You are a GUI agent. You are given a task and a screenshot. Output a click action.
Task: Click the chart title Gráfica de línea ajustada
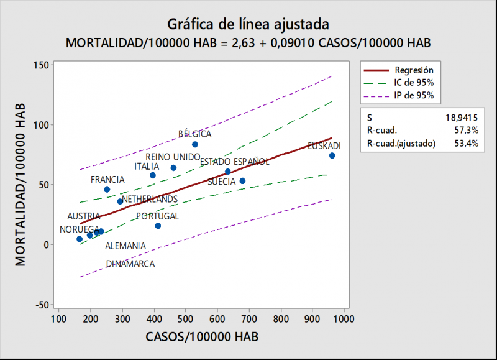pyautogui.click(x=248, y=24)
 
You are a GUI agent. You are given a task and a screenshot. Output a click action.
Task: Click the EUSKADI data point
pyautogui.click(x=332, y=155)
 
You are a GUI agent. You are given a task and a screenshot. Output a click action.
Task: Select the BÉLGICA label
pyautogui.click(x=194, y=134)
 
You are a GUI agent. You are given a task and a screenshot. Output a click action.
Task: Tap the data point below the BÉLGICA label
pyautogui.click(x=194, y=144)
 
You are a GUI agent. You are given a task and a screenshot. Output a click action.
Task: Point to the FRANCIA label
pyautogui.click(x=107, y=180)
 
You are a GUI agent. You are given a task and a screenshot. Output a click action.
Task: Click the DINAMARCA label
pyautogui.click(x=130, y=264)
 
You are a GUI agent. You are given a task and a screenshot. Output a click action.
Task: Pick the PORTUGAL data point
pyautogui.click(x=158, y=226)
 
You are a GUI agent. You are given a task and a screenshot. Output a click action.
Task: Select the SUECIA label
pyautogui.click(x=221, y=182)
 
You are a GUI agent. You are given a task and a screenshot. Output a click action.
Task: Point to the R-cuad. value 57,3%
pyautogui.click(x=467, y=129)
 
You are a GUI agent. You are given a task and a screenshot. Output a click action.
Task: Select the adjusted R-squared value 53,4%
pyautogui.click(x=467, y=144)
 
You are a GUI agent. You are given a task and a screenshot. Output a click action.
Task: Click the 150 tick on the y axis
pyautogui.click(x=40, y=65)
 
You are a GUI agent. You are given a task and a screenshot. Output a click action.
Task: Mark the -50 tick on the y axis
pyautogui.click(x=40, y=305)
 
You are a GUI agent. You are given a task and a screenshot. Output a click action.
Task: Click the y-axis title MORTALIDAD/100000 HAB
pyautogui.click(x=21, y=184)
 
